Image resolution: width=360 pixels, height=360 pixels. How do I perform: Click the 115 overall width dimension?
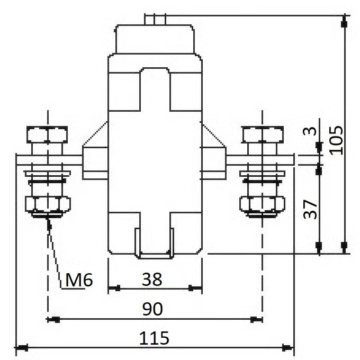[154, 338]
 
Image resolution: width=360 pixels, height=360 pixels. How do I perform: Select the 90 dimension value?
[152, 309]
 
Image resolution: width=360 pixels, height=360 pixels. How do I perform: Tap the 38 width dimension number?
[152, 279]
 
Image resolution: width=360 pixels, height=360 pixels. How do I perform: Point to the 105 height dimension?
[336, 140]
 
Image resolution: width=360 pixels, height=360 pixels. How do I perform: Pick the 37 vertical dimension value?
[310, 209]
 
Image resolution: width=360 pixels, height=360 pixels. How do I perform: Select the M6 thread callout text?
[79, 280]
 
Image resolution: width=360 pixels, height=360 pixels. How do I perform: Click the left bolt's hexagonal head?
[47, 134]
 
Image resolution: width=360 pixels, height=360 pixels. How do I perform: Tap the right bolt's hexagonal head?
[263, 134]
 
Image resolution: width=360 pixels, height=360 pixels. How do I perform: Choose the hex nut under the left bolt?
[48, 204]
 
